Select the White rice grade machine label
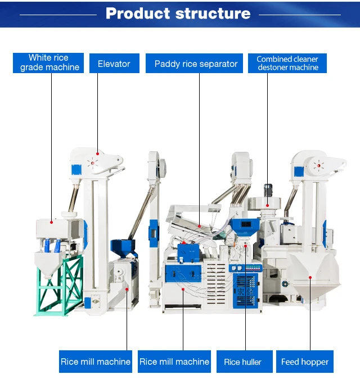49,62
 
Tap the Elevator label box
114,64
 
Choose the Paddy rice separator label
196,64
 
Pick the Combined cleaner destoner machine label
287,63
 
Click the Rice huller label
243,362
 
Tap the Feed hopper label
305,362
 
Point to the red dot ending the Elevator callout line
97,152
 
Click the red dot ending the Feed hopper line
310,277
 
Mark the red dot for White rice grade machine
51,222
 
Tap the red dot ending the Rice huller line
246,246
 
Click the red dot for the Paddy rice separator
199,225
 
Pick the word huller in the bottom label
252,362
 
